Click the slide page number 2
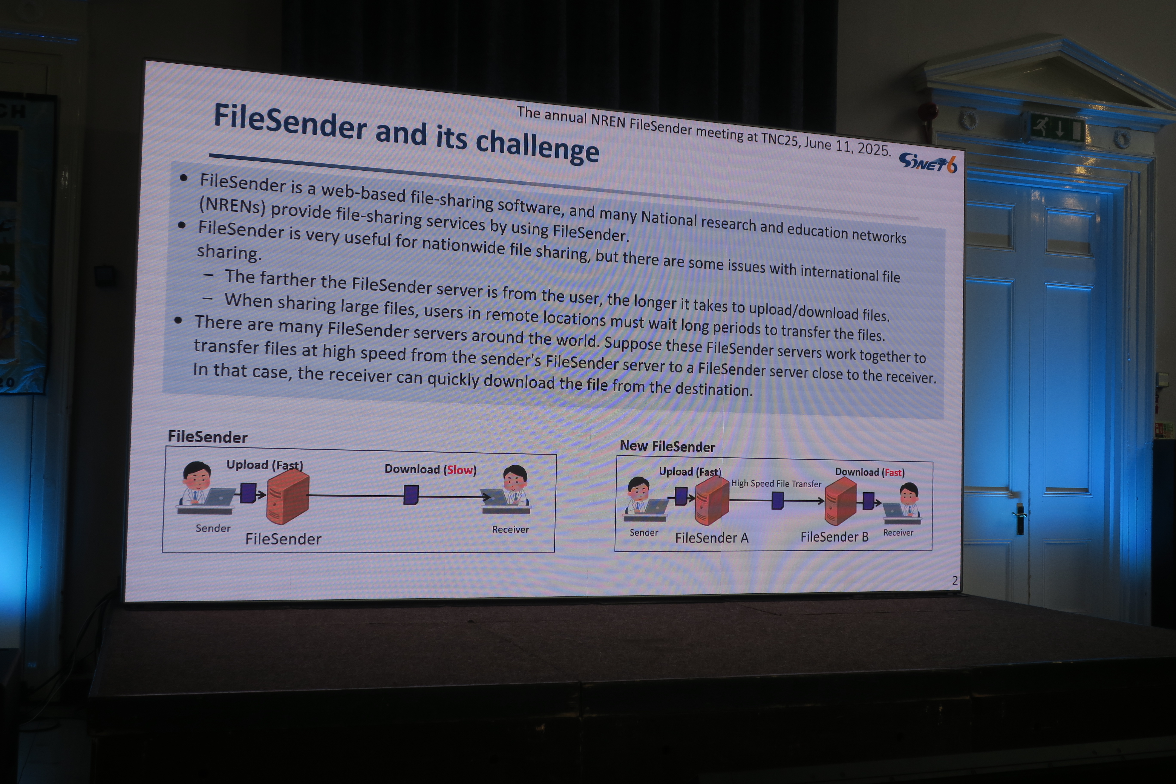pos(954,580)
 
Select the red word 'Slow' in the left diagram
pos(459,470)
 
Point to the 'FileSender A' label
pos(712,538)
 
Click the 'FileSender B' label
pos(834,537)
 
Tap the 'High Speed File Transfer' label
pos(776,484)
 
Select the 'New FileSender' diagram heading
pos(668,447)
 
